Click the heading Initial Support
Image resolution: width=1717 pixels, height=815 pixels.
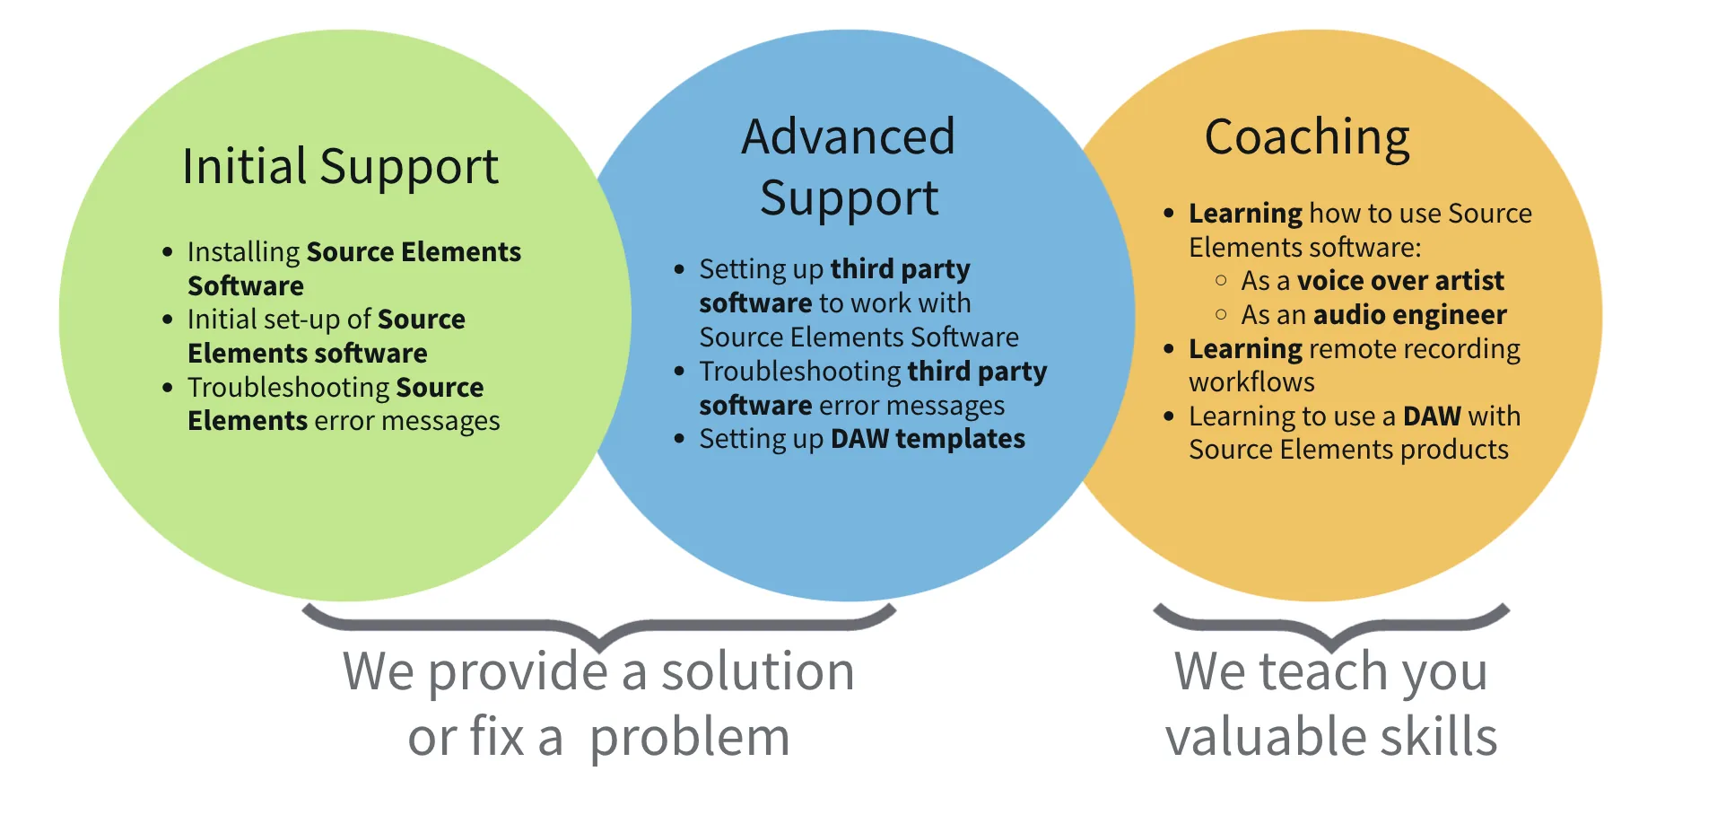340,167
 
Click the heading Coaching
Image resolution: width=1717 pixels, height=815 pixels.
1307,138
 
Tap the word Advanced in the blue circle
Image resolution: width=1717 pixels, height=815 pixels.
848,137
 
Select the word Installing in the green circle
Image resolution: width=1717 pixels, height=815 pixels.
243,253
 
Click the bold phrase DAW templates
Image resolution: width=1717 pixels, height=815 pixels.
928,439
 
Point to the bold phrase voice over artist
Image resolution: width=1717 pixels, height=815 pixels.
1400,281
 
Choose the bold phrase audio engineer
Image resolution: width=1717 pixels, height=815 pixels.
1409,315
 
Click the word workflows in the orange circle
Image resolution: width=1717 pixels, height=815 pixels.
1251,382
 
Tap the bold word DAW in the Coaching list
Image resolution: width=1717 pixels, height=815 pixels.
1432,416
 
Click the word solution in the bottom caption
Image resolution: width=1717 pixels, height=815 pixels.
758,671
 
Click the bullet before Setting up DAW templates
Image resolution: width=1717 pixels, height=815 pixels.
679,439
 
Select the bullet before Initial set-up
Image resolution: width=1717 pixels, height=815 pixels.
168,320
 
